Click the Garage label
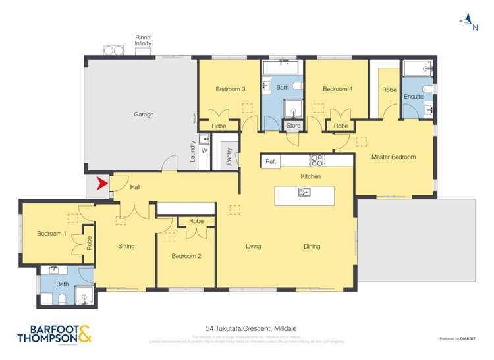[x=144, y=115]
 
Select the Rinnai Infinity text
[x=143, y=41]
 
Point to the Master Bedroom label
[x=393, y=157]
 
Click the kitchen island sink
[x=304, y=192]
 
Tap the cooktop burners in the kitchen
[x=317, y=160]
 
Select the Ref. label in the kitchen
[x=270, y=161]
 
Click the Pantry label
[x=229, y=157]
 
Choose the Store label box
[x=293, y=125]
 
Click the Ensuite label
[x=414, y=97]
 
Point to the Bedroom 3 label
[x=230, y=89]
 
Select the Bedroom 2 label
[x=186, y=255]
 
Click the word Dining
[x=312, y=247]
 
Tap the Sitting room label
[x=126, y=247]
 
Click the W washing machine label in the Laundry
[x=204, y=150]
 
